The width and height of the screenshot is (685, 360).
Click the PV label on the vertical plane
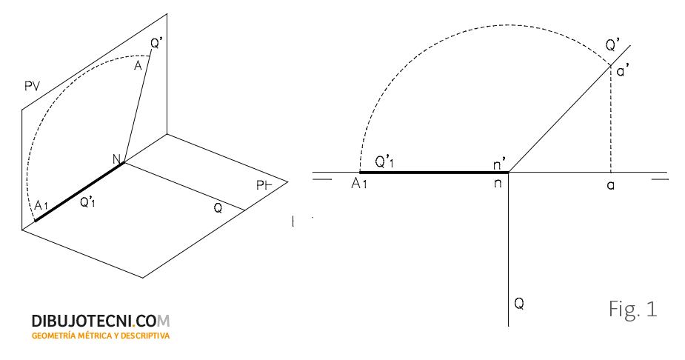click(32, 86)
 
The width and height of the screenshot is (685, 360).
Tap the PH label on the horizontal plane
click(264, 186)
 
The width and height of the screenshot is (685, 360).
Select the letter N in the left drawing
click(117, 159)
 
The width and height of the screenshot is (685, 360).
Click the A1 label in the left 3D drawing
click(41, 205)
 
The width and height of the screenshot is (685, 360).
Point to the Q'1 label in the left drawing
click(87, 201)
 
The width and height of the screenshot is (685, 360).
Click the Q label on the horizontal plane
click(218, 208)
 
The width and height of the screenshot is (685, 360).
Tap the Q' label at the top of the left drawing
click(156, 43)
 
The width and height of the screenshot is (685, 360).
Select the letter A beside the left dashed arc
click(138, 65)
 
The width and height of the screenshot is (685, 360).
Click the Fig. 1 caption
click(632, 309)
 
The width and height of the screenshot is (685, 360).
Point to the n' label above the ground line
click(499, 164)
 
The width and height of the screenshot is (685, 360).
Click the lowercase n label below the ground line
click(497, 184)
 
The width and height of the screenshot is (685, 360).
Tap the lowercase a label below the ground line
click(611, 186)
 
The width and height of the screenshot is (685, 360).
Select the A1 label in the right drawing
click(359, 184)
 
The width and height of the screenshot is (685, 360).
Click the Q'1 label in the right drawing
click(384, 162)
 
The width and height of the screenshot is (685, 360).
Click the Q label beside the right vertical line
click(519, 303)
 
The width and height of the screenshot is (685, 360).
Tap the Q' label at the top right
click(612, 45)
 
